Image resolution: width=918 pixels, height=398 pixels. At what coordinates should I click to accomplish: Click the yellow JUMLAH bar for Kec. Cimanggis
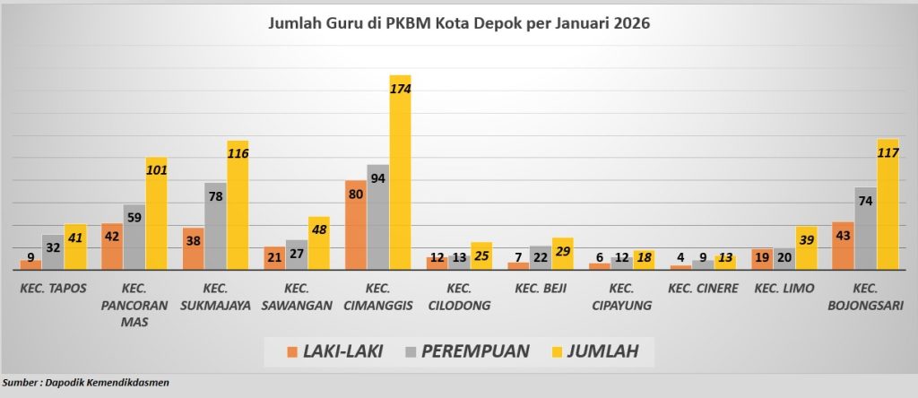click(400, 179)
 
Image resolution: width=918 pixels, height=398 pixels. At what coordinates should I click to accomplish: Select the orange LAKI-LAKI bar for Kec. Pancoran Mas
click(112, 247)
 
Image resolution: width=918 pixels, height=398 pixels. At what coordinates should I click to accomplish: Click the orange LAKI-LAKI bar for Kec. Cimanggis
click(355, 225)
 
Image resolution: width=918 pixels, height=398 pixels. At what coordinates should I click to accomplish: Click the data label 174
click(400, 89)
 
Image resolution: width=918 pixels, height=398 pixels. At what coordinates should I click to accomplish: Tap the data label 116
click(238, 153)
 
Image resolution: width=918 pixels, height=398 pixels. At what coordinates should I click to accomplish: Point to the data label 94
click(377, 178)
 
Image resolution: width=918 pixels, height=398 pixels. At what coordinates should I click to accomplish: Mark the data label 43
click(844, 235)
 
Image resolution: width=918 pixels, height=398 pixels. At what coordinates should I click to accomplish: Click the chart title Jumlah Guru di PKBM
click(459, 23)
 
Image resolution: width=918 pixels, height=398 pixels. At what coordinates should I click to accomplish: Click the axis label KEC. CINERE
click(704, 289)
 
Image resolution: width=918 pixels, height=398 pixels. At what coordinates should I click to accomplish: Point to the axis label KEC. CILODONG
click(458, 297)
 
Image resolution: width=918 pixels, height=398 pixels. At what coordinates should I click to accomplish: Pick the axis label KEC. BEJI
click(540, 289)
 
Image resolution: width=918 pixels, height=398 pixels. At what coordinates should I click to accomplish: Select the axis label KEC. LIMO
click(784, 289)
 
